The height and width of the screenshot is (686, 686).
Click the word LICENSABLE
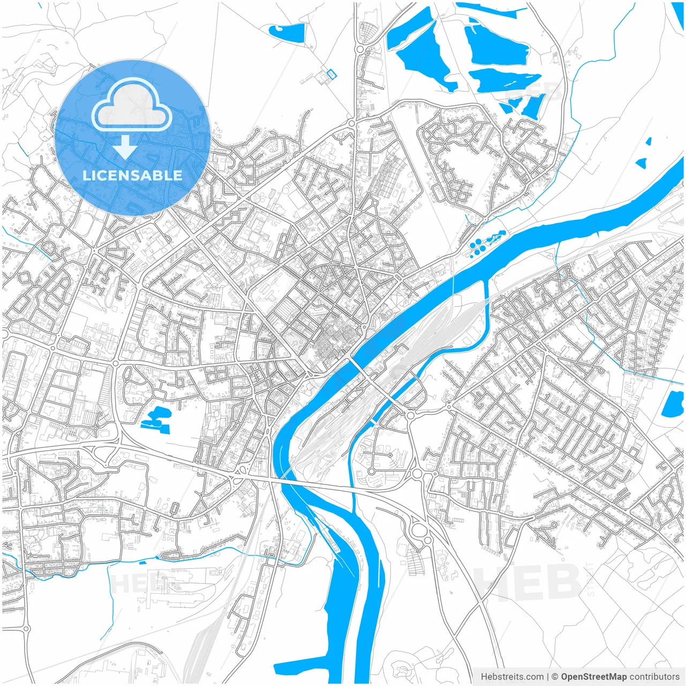[132, 175]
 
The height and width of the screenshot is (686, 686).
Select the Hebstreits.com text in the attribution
[512, 677]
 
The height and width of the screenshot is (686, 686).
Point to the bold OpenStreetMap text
[594, 677]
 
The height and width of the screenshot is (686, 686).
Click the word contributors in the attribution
[654, 677]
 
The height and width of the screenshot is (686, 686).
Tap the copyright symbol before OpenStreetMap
[555, 677]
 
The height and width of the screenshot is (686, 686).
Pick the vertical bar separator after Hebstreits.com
[548, 677]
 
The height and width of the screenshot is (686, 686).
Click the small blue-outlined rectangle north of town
[332, 74]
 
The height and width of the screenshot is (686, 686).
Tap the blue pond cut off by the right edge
[673, 404]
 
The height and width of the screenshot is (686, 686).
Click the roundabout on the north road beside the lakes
[360, 50]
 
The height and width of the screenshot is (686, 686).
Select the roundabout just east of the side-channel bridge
[411, 415]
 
